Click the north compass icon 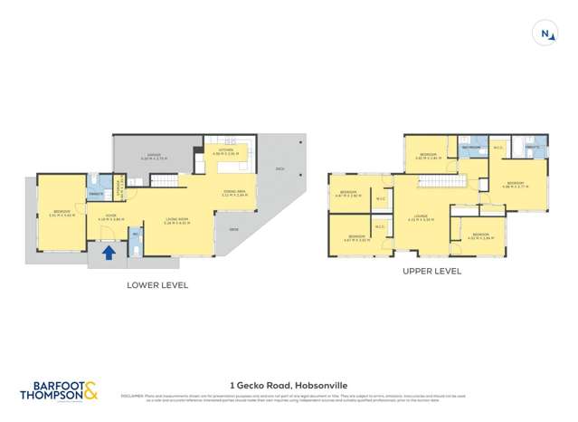(546, 34)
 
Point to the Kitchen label (223, 152)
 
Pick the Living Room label (175, 218)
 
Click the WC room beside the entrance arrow (137, 239)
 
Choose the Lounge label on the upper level (422, 217)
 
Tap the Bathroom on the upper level (471, 147)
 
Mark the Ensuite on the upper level (533, 147)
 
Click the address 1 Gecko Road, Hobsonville (289, 384)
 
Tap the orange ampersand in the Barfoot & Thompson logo (90, 390)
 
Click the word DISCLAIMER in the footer (133, 396)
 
